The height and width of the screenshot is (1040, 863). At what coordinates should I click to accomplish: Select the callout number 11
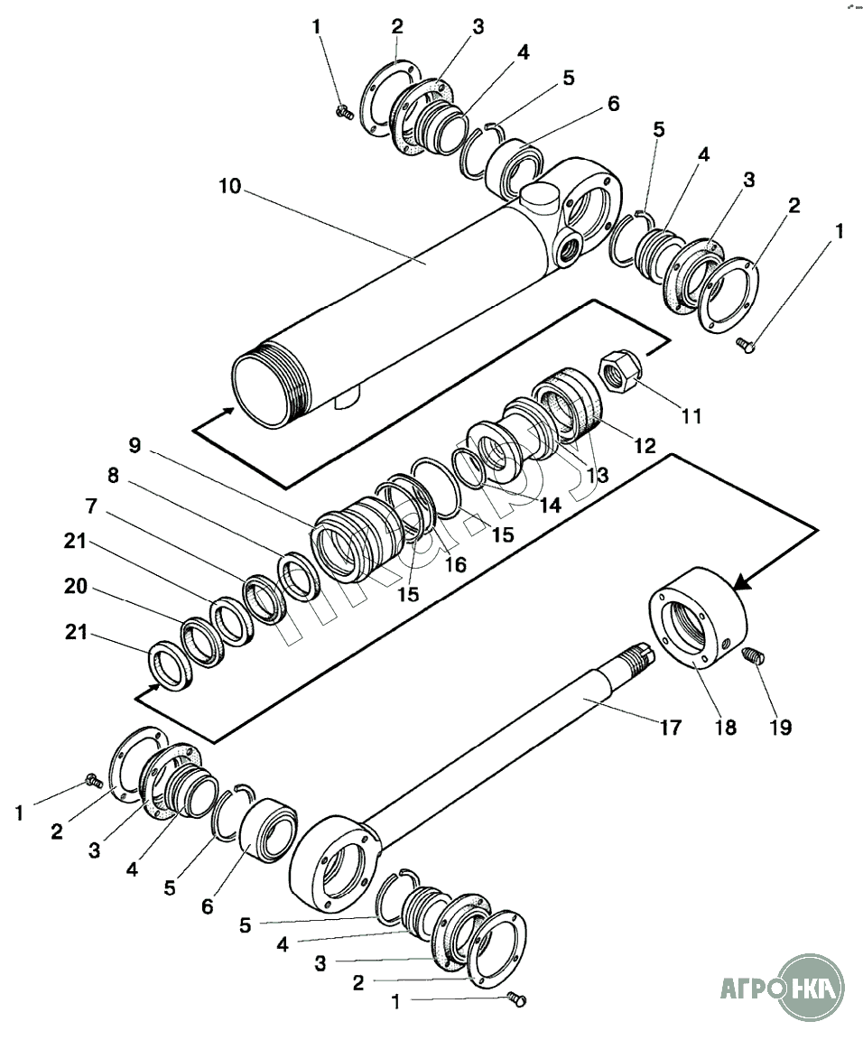(x=691, y=416)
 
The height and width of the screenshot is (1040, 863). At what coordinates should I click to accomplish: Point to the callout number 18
(x=726, y=728)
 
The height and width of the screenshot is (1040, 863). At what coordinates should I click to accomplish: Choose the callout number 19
(x=780, y=728)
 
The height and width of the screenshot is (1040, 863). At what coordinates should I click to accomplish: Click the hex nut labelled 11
(x=620, y=372)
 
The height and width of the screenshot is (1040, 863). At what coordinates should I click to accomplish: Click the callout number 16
(x=455, y=564)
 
